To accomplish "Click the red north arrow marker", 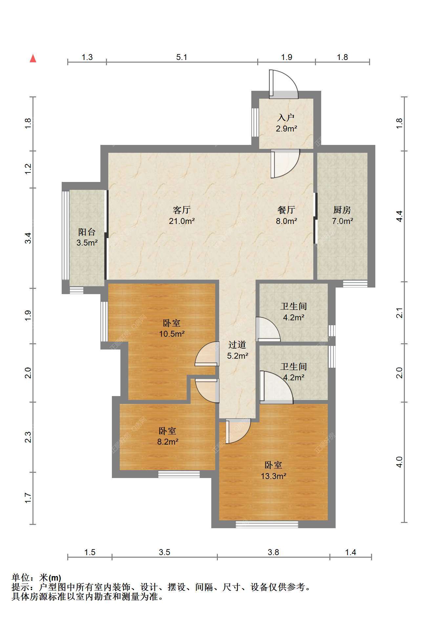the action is (33, 58).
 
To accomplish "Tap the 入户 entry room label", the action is (286, 117).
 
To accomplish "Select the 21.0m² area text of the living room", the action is (182, 221).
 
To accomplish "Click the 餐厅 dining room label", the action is (286, 210).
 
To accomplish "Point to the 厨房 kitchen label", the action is (342, 210).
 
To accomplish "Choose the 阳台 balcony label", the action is (87, 232).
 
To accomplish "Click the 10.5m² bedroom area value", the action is (172, 334).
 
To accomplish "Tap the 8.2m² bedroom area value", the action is (168, 442).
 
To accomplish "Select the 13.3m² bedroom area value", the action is (274, 476).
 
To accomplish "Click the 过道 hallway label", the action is (237, 345).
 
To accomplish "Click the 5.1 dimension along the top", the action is (182, 57).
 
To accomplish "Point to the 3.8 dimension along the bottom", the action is (273, 552).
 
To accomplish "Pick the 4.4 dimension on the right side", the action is (399, 216).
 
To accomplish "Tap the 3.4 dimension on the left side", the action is (28, 238).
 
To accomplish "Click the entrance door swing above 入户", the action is (283, 84).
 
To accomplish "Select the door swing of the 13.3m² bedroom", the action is (238, 431).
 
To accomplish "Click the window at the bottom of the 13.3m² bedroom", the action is (267, 524).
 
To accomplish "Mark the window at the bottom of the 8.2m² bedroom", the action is (179, 474).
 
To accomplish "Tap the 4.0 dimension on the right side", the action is (399, 462).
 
